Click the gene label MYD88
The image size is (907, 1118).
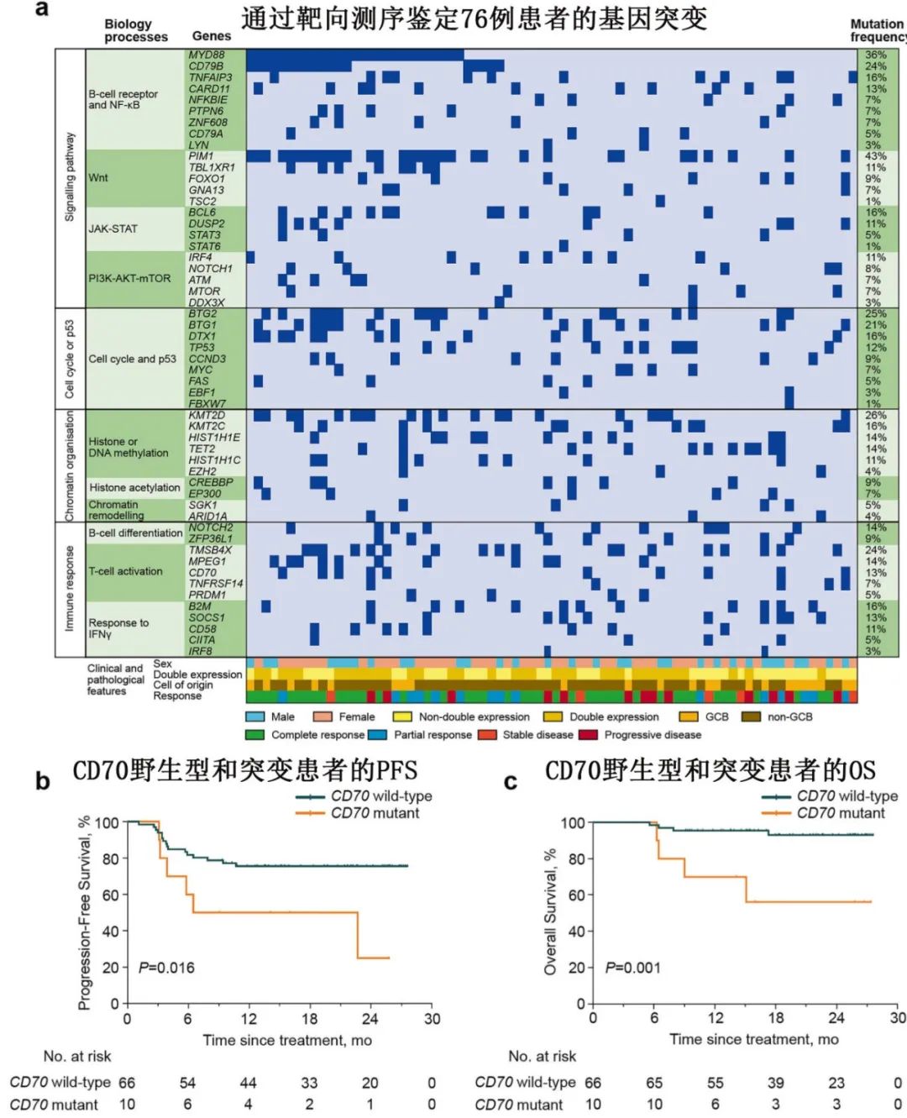tap(207, 55)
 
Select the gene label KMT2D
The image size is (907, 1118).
tap(207, 415)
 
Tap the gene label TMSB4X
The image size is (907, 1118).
tap(210, 550)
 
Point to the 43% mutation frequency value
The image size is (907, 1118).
tap(875, 156)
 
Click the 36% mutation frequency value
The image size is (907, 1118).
tap(875, 55)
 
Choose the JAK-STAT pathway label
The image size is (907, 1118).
tap(113, 228)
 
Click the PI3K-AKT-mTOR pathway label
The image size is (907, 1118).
tap(129, 278)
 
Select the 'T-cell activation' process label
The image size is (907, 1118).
tap(126, 571)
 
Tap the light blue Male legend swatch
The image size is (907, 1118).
tap(255, 716)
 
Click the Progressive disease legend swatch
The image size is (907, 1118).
tap(588, 735)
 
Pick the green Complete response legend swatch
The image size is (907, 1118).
tap(255, 735)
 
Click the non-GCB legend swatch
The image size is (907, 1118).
tap(751, 716)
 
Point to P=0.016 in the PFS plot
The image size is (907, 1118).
tap(166, 968)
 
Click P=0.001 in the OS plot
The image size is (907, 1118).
tap(633, 968)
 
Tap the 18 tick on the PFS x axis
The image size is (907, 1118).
tap(309, 1019)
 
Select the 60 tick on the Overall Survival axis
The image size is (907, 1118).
tap(574, 895)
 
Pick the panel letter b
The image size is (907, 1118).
tap(42, 782)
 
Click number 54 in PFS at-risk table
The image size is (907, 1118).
tap(188, 1083)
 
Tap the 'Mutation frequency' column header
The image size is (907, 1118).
tap(878, 30)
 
